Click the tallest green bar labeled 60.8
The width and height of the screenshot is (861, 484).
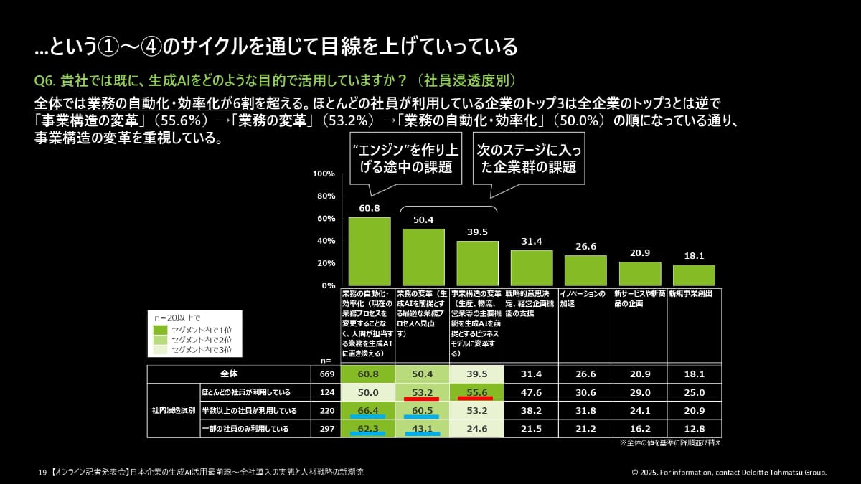(x=370, y=251)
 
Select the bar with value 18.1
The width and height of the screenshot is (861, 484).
(x=694, y=275)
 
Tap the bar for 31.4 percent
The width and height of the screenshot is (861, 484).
(x=532, y=267)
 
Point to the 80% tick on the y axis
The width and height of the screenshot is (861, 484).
(x=324, y=196)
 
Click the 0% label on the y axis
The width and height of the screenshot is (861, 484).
(x=327, y=285)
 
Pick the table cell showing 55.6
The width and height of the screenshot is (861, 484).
(x=477, y=392)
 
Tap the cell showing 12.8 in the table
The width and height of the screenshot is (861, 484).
(x=694, y=429)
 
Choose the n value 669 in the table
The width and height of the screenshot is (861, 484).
(x=326, y=374)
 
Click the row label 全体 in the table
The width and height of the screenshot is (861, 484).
(x=228, y=374)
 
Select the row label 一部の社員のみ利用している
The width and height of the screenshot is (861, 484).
(x=245, y=429)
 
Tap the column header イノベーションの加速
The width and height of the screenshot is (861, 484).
(x=585, y=298)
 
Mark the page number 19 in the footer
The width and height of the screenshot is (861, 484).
(x=42, y=473)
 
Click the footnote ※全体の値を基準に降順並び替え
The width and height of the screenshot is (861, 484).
(x=669, y=443)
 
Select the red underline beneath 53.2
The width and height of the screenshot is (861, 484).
(x=423, y=398)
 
